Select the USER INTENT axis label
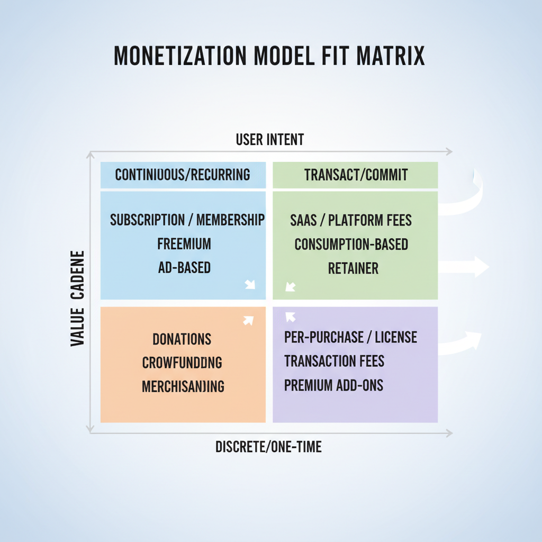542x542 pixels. pyautogui.click(x=270, y=140)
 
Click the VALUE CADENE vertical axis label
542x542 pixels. pyautogui.click(x=78, y=299)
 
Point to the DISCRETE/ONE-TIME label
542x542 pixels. pyautogui.click(x=268, y=447)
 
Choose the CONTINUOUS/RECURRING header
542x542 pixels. pyautogui.click(x=183, y=175)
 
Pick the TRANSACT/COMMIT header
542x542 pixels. pyautogui.click(x=356, y=175)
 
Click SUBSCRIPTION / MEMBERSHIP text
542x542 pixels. pyautogui.click(x=187, y=220)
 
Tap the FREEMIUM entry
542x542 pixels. pyautogui.click(x=184, y=244)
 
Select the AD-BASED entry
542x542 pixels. pyautogui.click(x=184, y=268)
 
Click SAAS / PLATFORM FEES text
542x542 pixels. pyautogui.click(x=351, y=220)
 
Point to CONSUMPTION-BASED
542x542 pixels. pyautogui.click(x=351, y=245)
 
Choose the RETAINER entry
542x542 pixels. pyautogui.click(x=353, y=268)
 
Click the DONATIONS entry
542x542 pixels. pyautogui.click(x=182, y=339)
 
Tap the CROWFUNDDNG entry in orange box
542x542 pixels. pyautogui.click(x=182, y=363)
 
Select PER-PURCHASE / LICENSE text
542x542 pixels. pyautogui.click(x=350, y=337)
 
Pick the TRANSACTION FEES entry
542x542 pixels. pyautogui.click(x=334, y=361)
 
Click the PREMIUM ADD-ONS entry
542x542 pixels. pyautogui.click(x=333, y=385)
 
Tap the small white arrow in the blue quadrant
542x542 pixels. pyautogui.click(x=250, y=285)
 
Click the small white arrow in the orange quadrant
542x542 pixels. pyautogui.click(x=248, y=320)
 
